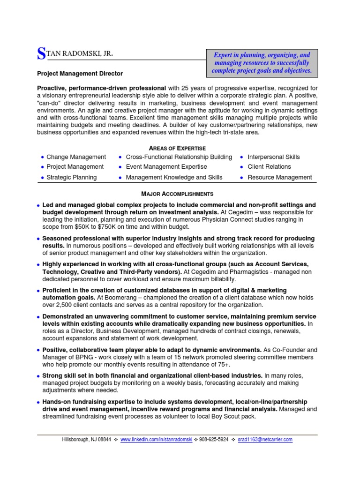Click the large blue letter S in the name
tap(41, 54)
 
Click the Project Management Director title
tap(80, 74)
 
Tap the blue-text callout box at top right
tap(262, 63)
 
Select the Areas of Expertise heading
tap(177, 148)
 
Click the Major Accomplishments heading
tap(177, 194)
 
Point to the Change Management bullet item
tap(76, 157)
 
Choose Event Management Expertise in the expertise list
tap(166, 167)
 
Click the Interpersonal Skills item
tap(273, 157)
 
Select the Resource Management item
tap(279, 178)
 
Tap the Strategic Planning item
tap(71, 178)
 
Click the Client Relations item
tap(269, 167)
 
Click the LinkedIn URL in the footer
tap(156, 440)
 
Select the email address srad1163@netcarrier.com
tap(265, 440)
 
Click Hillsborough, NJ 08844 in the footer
tap(87, 440)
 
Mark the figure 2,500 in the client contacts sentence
tap(60, 305)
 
